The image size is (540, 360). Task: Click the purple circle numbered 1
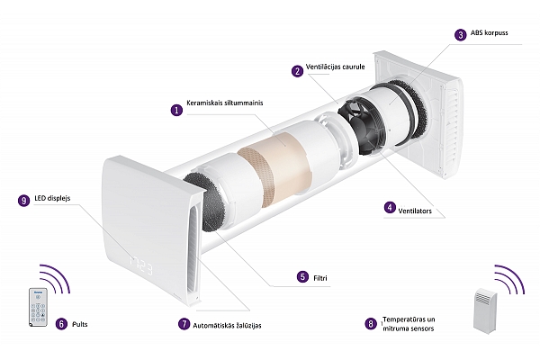177,110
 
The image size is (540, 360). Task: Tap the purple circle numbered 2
297,71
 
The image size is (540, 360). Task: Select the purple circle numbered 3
461,35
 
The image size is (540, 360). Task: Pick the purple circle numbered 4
390,207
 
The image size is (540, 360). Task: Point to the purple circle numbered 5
302,276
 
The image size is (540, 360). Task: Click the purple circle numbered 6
61,324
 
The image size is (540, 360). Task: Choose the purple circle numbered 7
184,324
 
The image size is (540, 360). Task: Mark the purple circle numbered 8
371,324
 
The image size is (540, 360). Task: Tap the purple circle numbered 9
23,201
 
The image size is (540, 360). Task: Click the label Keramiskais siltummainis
224,103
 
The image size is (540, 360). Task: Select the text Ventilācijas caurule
335,67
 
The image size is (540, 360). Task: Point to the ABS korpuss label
489,33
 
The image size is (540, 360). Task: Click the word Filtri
320,278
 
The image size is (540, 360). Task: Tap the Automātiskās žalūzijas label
227,325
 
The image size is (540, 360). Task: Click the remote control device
38,307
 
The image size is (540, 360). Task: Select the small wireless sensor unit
485,310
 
